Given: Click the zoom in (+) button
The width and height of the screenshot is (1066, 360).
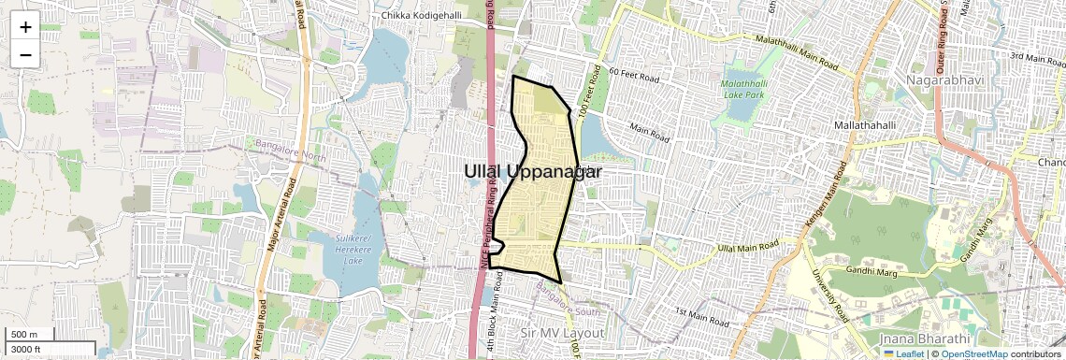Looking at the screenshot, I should [25, 27].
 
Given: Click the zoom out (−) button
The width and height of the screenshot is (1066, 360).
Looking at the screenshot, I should [25, 54].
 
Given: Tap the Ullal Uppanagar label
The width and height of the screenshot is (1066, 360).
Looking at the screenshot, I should [532, 171].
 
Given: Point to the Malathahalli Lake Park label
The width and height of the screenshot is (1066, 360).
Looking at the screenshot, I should [742, 90].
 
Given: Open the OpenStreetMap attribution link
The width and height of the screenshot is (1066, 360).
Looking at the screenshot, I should [974, 354].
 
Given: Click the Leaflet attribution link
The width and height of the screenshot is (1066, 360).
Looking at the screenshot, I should [903, 354].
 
